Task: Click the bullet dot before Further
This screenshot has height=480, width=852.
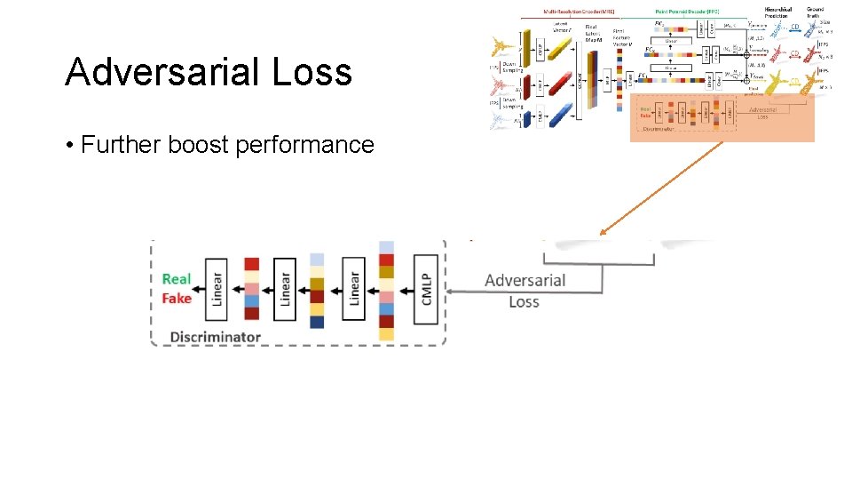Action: click(69, 146)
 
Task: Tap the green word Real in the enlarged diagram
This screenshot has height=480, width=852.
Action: click(177, 279)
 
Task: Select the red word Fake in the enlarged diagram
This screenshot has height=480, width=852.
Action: click(177, 299)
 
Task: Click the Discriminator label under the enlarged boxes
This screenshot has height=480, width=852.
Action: click(215, 337)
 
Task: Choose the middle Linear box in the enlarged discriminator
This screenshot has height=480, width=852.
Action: click(285, 290)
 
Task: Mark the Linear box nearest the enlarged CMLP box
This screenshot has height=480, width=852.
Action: click(353, 290)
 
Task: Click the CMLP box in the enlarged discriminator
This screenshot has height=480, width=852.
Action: click(427, 290)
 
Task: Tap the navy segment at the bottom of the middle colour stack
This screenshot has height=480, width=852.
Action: click(317, 322)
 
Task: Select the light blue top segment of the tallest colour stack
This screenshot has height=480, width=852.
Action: click(386, 247)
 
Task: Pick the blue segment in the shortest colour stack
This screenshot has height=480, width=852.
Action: click(252, 301)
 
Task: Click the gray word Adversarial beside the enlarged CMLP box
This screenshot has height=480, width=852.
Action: click(525, 281)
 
